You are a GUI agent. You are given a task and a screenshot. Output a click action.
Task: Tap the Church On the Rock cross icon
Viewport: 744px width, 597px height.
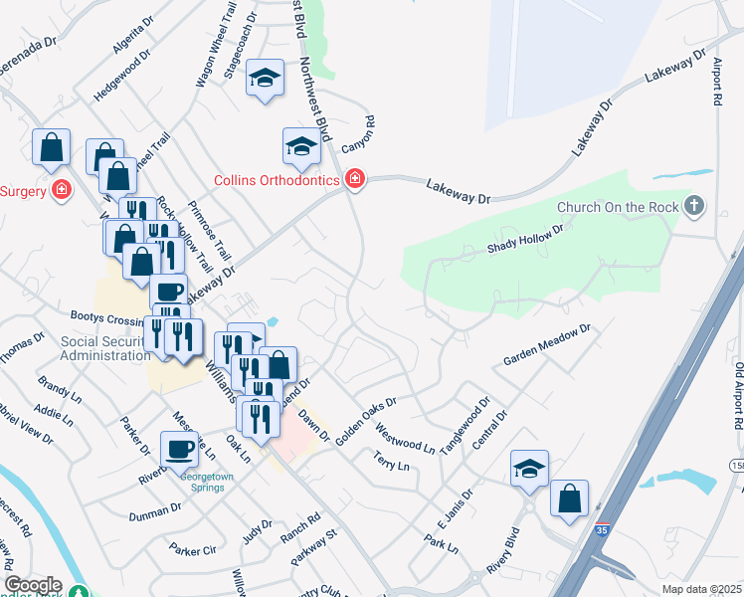tap(694, 207)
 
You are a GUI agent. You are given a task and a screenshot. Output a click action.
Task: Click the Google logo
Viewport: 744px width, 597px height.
tap(33, 585)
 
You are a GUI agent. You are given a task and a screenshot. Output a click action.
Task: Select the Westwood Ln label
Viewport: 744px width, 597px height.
tap(405, 437)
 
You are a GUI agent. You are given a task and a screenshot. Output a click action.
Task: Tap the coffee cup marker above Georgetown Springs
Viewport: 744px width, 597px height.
tap(180, 449)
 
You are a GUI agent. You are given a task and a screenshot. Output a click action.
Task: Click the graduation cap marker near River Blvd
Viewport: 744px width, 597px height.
tap(530, 469)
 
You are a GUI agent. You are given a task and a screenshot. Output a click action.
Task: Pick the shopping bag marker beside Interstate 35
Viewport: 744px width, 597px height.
tap(569, 498)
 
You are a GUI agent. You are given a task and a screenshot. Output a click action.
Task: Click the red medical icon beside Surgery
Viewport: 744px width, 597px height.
tap(63, 189)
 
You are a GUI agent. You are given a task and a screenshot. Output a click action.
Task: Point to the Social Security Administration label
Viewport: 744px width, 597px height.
tap(104, 349)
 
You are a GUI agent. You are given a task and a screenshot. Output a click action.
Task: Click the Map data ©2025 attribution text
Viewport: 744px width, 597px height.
tap(701, 589)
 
